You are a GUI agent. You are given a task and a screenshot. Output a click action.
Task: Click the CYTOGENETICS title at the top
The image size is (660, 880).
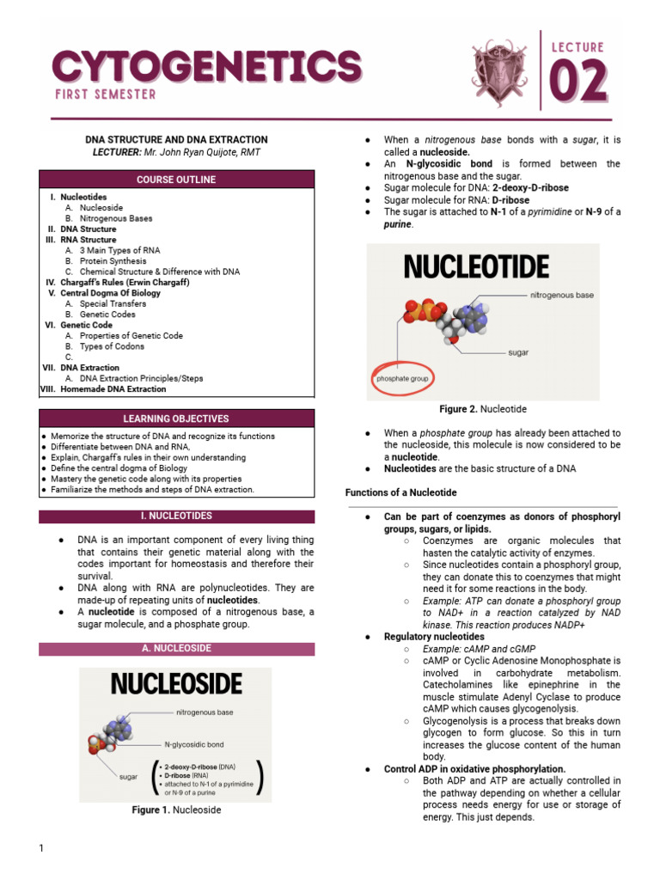click(x=206, y=65)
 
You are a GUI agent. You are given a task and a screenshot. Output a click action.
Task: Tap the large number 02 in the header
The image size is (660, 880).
click(x=577, y=84)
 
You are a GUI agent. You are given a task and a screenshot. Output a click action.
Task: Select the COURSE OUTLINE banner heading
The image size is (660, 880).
click(x=176, y=180)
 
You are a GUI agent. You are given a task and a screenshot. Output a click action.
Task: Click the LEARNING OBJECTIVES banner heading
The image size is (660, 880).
click(x=176, y=419)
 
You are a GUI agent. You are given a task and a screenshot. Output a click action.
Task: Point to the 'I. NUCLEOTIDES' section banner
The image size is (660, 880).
click(x=176, y=516)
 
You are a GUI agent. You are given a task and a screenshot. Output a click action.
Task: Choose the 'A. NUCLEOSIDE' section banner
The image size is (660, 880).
click(x=176, y=648)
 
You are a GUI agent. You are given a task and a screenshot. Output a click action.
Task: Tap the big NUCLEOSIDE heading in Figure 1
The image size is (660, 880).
click(x=175, y=685)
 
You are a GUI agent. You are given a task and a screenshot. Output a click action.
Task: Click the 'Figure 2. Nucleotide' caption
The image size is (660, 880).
click(x=483, y=409)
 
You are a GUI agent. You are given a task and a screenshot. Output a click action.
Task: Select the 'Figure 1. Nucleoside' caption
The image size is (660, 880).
click(x=176, y=810)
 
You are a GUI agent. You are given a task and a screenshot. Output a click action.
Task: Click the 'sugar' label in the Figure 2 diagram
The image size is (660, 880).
click(x=518, y=352)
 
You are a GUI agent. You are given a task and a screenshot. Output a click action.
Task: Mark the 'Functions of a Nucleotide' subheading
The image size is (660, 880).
click(x=400, y=492)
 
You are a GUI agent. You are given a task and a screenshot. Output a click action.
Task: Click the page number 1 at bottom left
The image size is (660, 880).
click(x=40, y=849)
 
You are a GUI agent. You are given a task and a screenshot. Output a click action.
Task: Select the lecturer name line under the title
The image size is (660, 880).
click(x=176, y=152)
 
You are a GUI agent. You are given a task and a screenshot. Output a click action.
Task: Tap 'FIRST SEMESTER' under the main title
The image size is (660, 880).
click(x=103, y=95)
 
